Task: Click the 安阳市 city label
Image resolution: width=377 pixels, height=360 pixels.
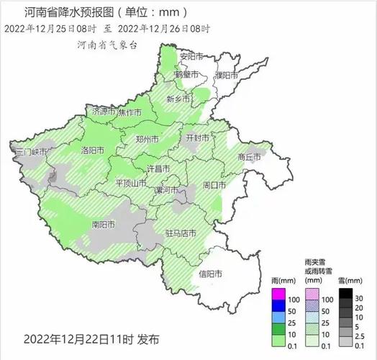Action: point(192,56)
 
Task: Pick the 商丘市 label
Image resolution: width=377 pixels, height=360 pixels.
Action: point(252,156)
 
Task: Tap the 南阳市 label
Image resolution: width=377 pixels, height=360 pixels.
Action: point(104,224)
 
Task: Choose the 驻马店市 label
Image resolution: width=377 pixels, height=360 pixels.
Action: point(180,233)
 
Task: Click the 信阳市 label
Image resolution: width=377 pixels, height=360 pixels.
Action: point(211,274)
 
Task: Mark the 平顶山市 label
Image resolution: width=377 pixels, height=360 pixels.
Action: point(132,184)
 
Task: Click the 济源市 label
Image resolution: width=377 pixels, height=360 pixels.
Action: point(104,112)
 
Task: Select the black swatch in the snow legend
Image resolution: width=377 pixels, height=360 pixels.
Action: point(347,294)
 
